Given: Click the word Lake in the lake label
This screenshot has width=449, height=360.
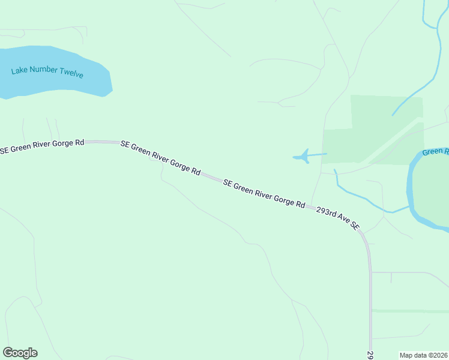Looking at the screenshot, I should coord(19,71).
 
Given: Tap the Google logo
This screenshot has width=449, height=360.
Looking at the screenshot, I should coord(20,353).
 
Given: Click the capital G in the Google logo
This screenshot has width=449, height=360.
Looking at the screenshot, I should coord(8,353).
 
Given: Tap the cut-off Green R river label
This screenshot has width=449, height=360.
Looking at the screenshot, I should coord(435,152).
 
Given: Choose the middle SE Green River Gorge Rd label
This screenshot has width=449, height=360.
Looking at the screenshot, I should coord(160,157).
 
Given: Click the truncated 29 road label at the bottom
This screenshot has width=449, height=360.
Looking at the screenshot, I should coord(370,355).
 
